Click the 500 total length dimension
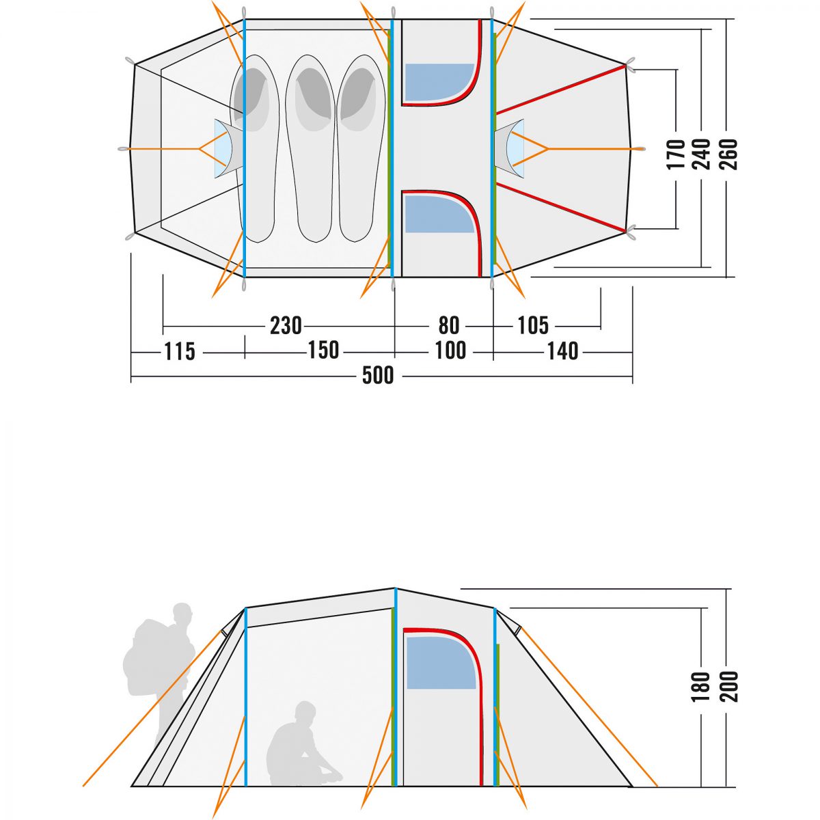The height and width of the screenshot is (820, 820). click(378, 376)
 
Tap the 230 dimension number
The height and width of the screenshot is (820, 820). click(286, 326)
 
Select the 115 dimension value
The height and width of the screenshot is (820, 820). click(180, 351)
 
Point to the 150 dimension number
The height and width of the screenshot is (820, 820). click(323, 351)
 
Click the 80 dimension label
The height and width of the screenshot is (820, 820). click(449, 326)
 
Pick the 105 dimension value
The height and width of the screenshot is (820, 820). click(533, 326)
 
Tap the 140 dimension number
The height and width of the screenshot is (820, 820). click(562, 351)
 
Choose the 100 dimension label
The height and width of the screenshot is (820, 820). click(450, 351)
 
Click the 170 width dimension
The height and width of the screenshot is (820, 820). click(676, 154)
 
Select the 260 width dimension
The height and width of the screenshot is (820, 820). click(728, 154)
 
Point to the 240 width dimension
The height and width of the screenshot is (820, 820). click(702, 154)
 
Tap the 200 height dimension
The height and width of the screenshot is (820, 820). click(728, 686)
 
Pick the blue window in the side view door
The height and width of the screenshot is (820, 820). click(441, 663)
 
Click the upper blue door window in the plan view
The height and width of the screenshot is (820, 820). click(439, 82)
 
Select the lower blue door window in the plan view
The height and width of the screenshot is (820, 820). click(439, 214)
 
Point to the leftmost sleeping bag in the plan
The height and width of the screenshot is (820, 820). click(254, 148)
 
